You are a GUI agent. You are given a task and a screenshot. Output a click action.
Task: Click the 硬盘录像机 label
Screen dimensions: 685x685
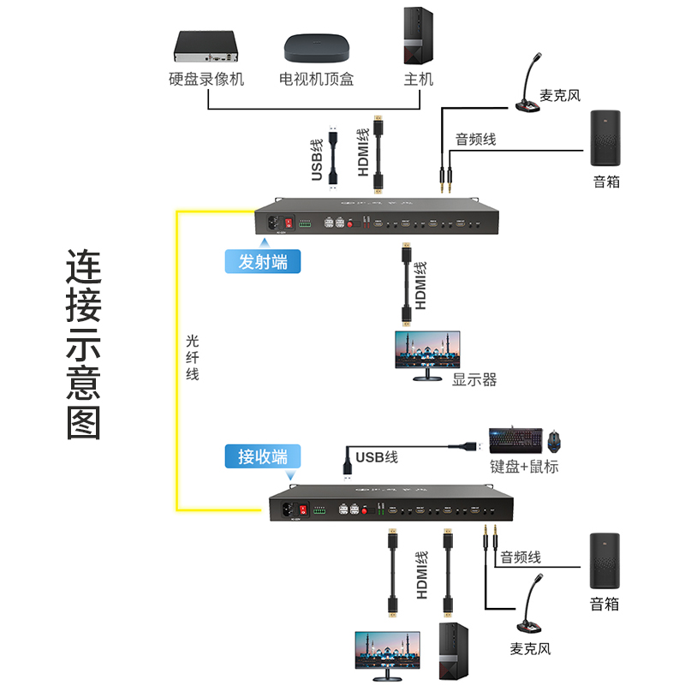[x=206, y=80]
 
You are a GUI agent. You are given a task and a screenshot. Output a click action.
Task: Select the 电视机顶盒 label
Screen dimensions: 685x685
[x=316, y=80]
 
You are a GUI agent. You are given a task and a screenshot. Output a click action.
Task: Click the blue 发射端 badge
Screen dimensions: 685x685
[x=263, y=261]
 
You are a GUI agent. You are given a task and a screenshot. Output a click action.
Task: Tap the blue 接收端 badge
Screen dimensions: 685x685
[x=263, y=456]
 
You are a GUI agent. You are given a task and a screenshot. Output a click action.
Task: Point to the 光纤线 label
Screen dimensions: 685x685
[x=193, y=356]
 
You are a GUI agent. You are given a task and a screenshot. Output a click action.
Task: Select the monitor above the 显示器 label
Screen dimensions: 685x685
[x=426, y=352]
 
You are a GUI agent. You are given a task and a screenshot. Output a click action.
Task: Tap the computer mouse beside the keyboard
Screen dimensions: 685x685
[x=555, y=441]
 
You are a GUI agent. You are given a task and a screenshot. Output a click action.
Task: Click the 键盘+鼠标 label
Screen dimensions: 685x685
[x=524, y=467]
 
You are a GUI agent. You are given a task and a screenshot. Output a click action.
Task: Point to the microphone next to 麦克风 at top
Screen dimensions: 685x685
[x=531, y=84]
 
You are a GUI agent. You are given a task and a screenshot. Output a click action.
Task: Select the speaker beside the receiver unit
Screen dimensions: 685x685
[x=606, y=562]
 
